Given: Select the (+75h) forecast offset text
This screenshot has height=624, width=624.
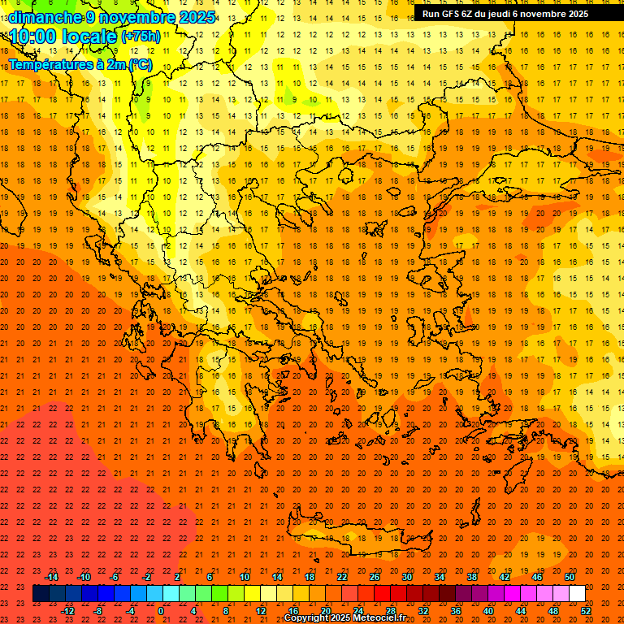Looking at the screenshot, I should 141,37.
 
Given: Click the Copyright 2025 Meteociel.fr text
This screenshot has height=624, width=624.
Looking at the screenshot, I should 344,618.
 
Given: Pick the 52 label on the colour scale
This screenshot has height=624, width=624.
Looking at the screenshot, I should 587,611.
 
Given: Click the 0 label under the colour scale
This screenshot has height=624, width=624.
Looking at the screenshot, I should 161,611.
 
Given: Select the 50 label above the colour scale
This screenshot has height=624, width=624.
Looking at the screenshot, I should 570,577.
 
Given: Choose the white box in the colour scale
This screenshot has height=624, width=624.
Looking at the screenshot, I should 577,594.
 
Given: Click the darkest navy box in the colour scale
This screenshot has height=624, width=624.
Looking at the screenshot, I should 41,594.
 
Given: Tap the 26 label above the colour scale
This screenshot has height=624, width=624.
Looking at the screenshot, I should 375,577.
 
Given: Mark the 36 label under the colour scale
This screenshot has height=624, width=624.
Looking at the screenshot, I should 456,611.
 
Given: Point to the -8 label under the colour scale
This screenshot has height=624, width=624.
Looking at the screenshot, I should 98,611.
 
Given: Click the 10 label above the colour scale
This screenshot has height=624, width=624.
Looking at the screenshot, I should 244,577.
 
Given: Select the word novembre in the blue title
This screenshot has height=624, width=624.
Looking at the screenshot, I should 136,17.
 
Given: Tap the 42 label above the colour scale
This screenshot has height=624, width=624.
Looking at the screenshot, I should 505,577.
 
